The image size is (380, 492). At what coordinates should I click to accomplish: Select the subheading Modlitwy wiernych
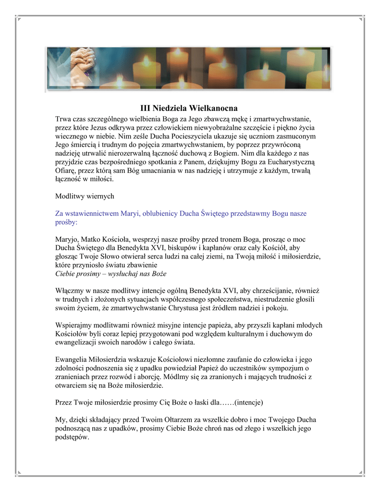85,197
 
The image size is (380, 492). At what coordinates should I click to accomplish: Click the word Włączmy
69,291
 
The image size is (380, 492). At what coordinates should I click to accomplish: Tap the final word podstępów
72,437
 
